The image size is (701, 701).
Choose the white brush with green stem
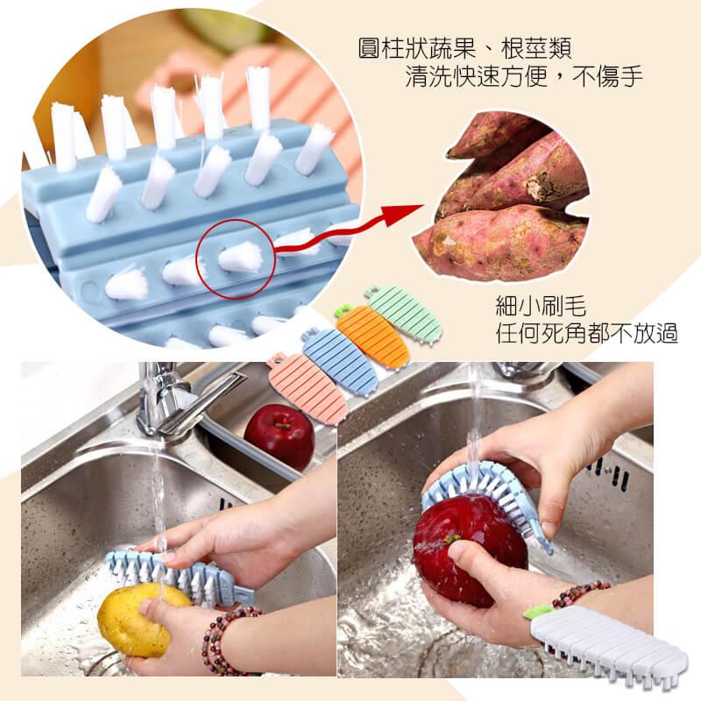click(608, 644)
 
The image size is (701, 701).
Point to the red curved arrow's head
click(405, 214)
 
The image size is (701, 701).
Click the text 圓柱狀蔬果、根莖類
click(465, 49)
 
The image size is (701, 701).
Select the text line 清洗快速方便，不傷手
click(524, 76)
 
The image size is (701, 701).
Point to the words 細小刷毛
click(541, 306)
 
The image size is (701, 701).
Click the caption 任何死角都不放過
click(586, 333)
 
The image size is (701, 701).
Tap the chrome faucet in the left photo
click(179, 398)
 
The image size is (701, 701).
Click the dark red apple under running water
click(470, 550)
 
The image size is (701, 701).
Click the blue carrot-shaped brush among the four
click(340, 361)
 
